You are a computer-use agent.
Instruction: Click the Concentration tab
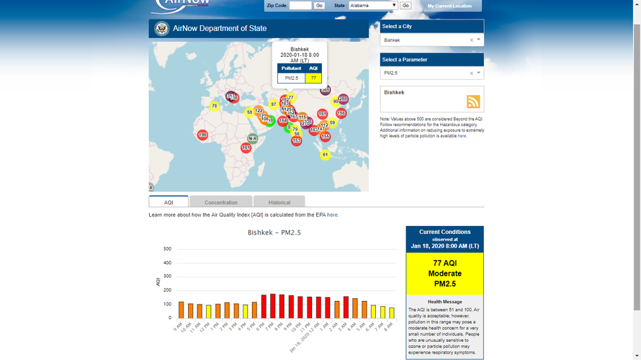[221, 202]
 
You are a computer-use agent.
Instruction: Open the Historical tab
[279, 202]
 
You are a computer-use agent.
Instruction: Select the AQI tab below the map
[169, 202]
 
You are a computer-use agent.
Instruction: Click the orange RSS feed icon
[473, 102]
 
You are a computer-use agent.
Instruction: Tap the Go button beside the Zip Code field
[319, 6]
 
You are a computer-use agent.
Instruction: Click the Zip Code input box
[300, 6]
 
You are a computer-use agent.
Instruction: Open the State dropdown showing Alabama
[375, 6]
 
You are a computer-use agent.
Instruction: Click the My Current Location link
[449, 6]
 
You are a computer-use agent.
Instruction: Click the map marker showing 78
[214, 107]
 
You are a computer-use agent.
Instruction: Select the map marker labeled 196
[202, 135]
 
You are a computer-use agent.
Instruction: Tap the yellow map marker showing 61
[325, 155]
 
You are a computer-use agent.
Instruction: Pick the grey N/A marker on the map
[252, 138]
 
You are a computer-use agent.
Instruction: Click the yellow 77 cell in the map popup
[313, 78]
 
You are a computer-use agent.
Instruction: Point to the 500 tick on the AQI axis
[167, 249]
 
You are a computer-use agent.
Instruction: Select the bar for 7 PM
[272, 306]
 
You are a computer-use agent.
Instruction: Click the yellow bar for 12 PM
[209, 311]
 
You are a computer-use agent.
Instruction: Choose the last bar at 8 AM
[392, 312]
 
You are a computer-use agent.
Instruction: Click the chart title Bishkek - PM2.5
[274, 233]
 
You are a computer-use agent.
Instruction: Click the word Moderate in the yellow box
[444, 274]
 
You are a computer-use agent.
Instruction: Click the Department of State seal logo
[161, 29]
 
